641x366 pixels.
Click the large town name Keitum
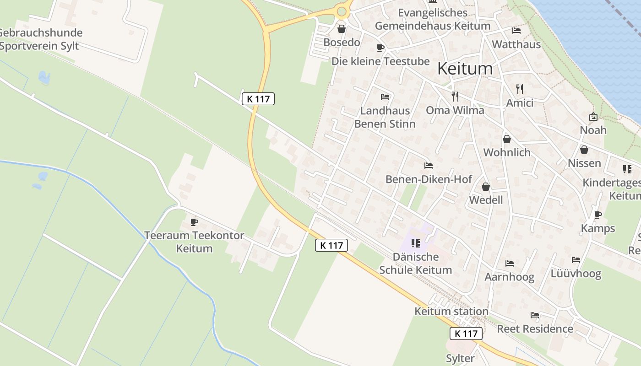[x=465, y=69]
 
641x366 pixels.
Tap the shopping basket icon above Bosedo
[x=342, y=29]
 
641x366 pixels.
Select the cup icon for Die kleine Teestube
[x=380, y=48]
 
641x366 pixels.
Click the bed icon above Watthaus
[x=516, y=31]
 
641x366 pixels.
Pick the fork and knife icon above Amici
[x=519, y=89]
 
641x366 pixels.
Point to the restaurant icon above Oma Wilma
[x=455, y=96]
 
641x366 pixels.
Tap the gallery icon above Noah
[x=593, y=117]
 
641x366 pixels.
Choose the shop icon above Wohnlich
[x=506, y=139]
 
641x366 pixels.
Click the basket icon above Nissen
[x=584, y=150]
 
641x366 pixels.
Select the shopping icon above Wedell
[x=486, y=187]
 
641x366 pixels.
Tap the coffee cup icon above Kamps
[x=598, y=215]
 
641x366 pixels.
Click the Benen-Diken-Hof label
[x=429, y=179]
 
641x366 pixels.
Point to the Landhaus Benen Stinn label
[x=385, y=117]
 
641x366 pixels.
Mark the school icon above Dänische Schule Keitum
[x=416, y=243]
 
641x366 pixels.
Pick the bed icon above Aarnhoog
[x=509, y=263]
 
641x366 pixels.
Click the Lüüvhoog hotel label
[x=576, y=274]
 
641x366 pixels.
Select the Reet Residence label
[x=535, y=328]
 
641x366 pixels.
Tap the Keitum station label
[x=451, y=311]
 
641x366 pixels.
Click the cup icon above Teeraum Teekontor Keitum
[x=194, y=222]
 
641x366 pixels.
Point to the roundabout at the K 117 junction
[x=342, y=11]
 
